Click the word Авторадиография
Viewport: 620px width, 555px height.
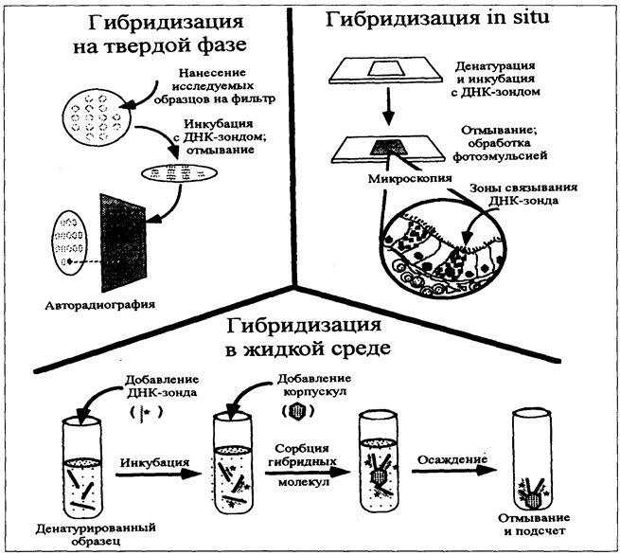click(x=99, y=305)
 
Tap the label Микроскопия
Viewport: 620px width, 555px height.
click(x=410, y=178)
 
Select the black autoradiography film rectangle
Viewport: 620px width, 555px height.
click(x=123, y=242)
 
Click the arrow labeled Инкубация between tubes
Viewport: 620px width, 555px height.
click(x=159, y=474)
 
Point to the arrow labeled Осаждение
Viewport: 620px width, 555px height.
click(x=454, y=471)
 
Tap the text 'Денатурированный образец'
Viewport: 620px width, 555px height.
click(x=96, y=534)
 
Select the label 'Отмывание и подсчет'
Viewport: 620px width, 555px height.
click(x=534, y=524)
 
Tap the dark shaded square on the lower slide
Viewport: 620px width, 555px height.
click(x=389, y=147)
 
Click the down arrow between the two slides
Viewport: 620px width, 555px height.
click(x=389, y=105)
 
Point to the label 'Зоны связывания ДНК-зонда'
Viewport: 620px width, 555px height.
click(x=523, y=194)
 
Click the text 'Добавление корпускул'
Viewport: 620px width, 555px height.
click(x=314, y=385)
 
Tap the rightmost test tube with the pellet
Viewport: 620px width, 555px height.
click(x=531, y=460)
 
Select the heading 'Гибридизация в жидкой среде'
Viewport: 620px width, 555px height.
click(x=304, y=337)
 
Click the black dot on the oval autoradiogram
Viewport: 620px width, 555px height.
click(x=70, y=261)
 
